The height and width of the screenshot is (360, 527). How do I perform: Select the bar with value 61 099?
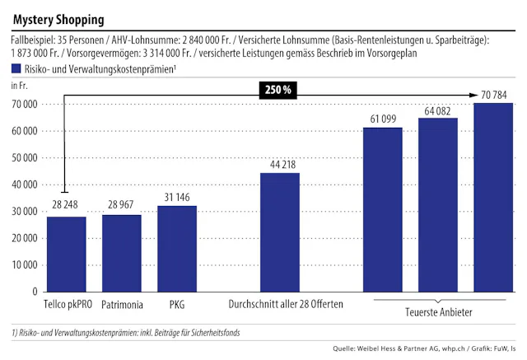(383, 209)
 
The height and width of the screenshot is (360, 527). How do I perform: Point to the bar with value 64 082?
(438, 205)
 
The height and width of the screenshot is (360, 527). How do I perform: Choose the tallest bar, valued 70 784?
(493, 197)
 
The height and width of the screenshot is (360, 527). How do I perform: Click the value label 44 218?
(280, 165)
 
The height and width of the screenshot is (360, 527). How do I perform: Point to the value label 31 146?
(177, 199)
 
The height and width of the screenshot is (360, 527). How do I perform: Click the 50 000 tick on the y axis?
(22, 158)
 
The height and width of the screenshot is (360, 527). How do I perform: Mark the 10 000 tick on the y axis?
(22, 265)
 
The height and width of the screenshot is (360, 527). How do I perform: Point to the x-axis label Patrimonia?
(122, 305)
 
